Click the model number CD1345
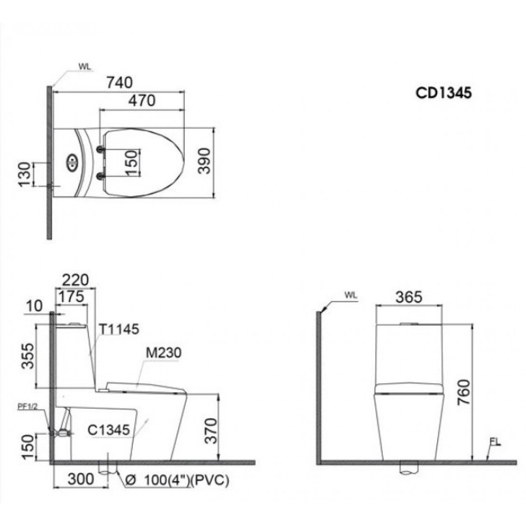point(443,93)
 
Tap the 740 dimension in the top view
point(119,83)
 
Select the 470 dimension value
point(142,101)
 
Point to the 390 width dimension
point(204,161)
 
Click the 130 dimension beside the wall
point(25,174)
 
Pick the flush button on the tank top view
point(72,162)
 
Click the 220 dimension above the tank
point(75,280)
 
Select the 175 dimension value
point(71,297)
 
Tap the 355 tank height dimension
point(28,356)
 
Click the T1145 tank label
point(119,330)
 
